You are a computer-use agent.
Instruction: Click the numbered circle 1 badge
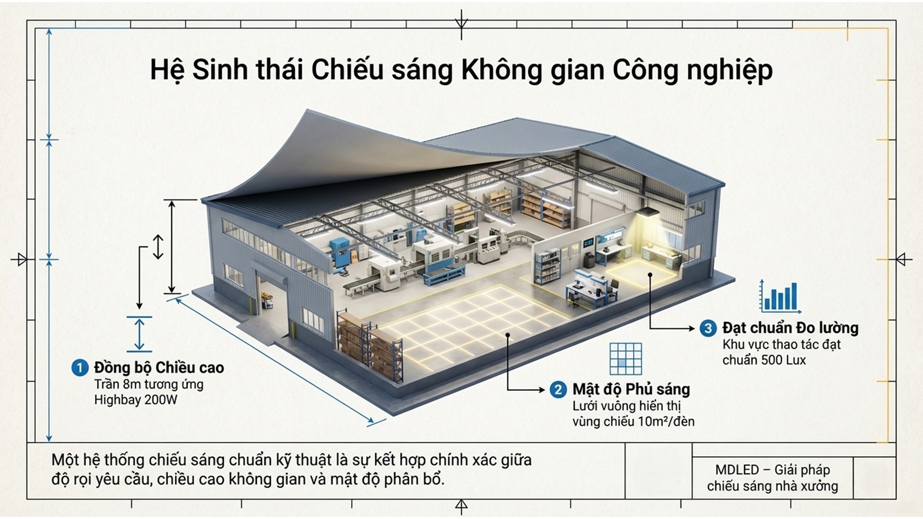point(79,368)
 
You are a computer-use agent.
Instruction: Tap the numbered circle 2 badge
point(557,389)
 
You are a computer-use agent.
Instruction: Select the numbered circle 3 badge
point(708,328)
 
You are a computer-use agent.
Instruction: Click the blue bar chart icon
point(780,297)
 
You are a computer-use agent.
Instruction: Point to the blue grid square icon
point(626,358)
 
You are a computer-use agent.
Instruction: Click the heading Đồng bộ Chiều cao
point(159,368)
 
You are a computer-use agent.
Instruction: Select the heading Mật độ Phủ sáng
point(631,389)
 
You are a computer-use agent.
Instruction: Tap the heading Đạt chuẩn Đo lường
point(790,328)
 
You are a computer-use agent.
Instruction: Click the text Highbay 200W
point(136,400)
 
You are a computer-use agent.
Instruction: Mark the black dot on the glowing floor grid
point(508,335)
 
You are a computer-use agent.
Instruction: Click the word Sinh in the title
point(221,70)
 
